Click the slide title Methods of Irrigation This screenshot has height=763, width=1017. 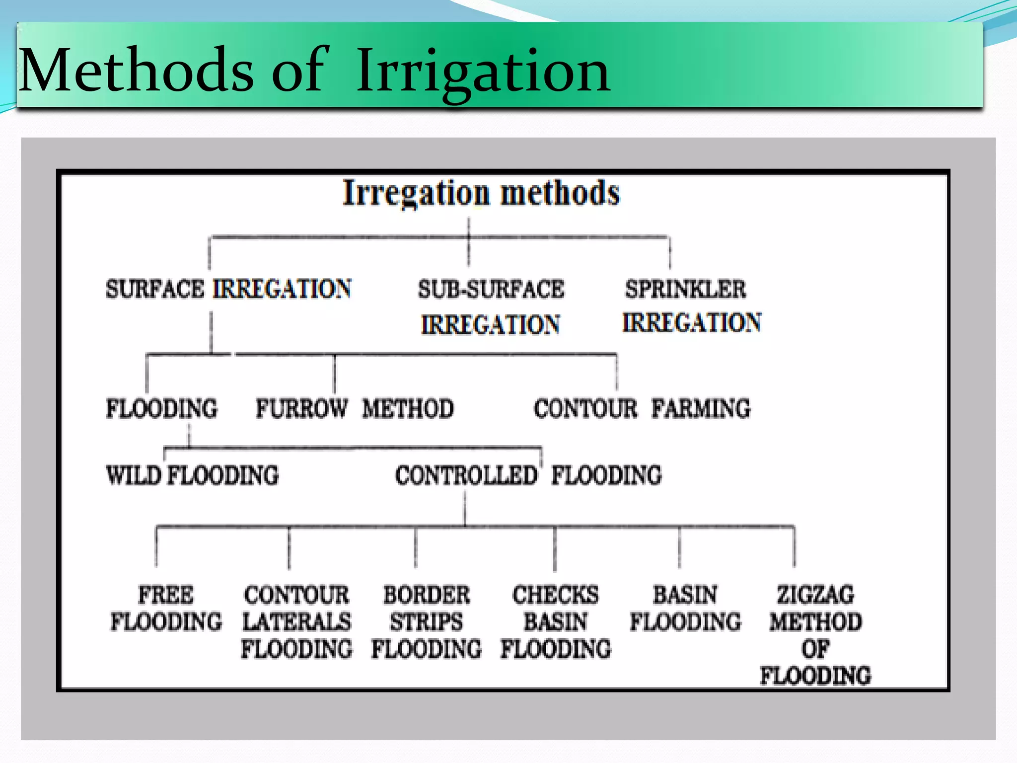point(314,71)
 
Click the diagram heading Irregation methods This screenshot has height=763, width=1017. point(481,193)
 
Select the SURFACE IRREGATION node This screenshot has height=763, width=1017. point(228,289)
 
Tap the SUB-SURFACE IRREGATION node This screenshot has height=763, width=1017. point(491,306)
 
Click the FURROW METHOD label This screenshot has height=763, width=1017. point(355,409)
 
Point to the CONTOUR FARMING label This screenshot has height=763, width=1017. point(642,409)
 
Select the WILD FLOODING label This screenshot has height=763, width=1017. point(192,475)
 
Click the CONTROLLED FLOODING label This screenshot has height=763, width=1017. point(528,475)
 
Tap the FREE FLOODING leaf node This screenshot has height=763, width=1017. point(166,609)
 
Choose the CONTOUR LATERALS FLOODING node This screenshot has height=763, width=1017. point(296,622)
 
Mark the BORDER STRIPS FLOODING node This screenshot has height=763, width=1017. point(427,622)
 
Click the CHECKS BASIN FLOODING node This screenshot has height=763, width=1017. point(556,622)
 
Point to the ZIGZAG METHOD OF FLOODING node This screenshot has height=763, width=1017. point(815,635)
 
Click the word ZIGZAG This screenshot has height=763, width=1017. point(815,595)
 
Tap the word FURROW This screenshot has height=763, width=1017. point(301,409)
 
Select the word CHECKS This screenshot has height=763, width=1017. point(556,595)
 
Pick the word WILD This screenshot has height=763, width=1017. point(134,475)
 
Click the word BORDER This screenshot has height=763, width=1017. point(427,595)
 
